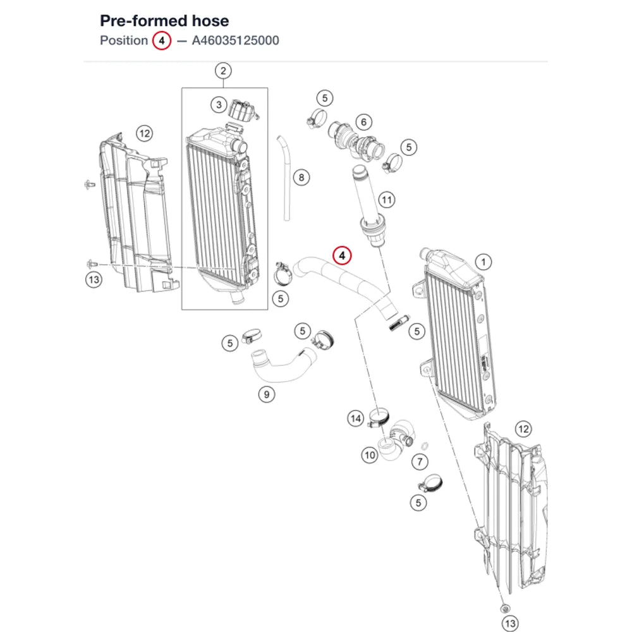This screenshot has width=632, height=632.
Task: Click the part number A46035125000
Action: point(235,40)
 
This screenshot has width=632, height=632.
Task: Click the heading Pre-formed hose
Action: point(164,21)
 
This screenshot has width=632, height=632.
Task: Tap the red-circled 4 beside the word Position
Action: point(162,40)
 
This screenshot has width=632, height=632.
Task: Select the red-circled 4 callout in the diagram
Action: point(342,255)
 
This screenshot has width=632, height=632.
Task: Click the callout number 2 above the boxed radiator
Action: point(223,71)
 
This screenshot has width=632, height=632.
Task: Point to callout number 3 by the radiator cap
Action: point(219,105)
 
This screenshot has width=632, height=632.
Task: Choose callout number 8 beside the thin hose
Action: point(301,178)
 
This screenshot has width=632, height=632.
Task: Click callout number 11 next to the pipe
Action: point(387,200)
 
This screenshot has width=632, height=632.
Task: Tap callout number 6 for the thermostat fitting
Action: point(363,122)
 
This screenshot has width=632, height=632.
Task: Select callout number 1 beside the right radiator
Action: point(483,262)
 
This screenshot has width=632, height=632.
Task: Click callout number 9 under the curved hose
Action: point(267,394)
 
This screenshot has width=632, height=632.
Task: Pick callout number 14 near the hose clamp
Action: point(355,418)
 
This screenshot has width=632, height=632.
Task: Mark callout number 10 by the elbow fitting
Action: point(370,456)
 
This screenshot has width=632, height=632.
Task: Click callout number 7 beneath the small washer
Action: point(420,462)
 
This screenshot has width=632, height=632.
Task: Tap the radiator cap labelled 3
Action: point(243,111)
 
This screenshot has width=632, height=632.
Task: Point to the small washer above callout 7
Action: point(425,446)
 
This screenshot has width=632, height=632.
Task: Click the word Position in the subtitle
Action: point(124,40)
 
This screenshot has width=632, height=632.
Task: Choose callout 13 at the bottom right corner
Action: point(510,623)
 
